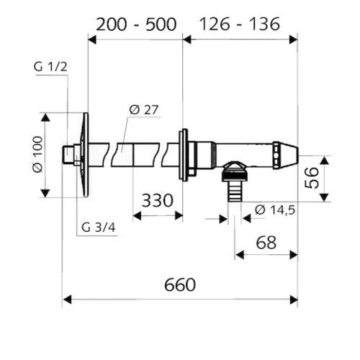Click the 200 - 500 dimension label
point(136,24)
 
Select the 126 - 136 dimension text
point(240,24)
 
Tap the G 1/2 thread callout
point(50,66)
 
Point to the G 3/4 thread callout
point(99,227)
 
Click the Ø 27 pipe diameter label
point(144,109)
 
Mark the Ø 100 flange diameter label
point(38,154)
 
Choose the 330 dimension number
point(157,200)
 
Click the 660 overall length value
point(180,284)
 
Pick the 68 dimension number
point(266,243)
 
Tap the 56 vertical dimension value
point(312,178)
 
